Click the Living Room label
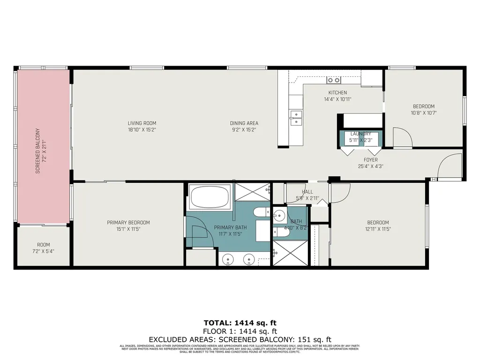(142, 123)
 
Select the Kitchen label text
(337, 92)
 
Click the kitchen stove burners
(333, 80)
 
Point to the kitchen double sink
(296, 118)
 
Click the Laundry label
(360, 134)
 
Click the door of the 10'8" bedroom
(402, 137)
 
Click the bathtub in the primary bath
(210, 196)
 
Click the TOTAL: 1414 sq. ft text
(240, 322)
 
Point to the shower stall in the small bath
(290, 253)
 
